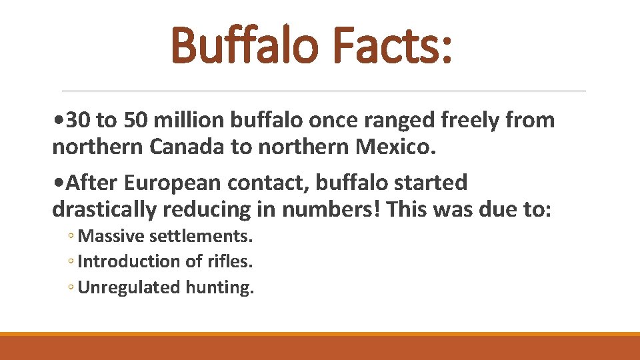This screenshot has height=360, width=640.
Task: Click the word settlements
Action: (x=202, y=236)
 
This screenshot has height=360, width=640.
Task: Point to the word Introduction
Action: (x=120, y=261)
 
